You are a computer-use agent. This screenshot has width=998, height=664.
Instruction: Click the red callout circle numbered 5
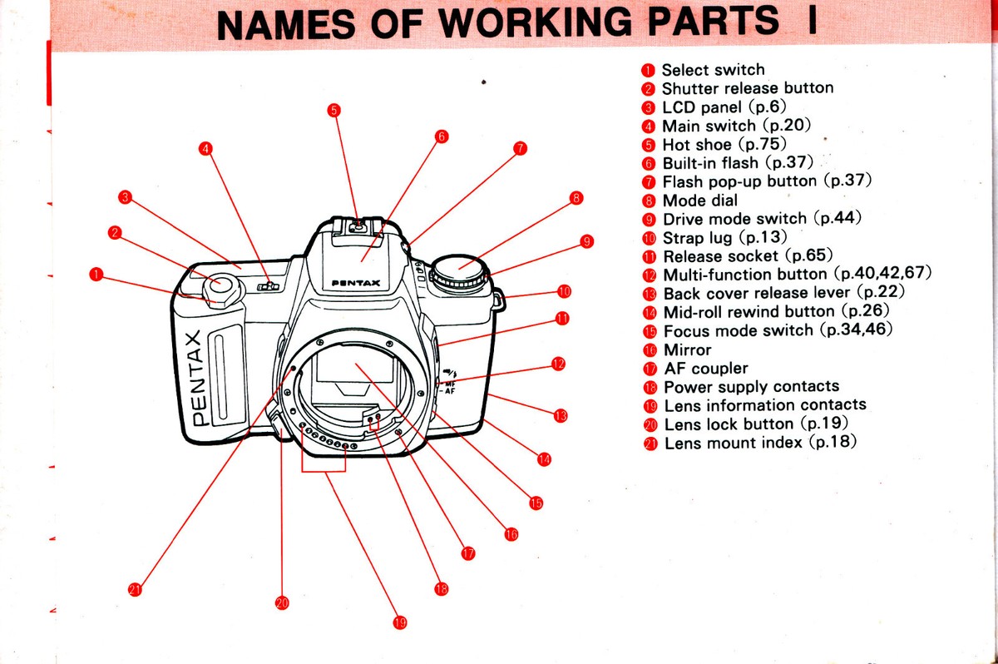pos(333,110)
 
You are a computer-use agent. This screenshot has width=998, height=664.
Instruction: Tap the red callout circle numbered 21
pos(135,590)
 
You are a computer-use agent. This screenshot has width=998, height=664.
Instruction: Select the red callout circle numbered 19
pos(400,622)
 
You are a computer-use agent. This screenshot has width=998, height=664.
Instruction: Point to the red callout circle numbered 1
pos(97,274)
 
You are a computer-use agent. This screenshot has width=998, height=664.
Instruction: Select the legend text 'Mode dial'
pos(700,201)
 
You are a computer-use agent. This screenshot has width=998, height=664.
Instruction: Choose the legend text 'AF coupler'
pos(706,368)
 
